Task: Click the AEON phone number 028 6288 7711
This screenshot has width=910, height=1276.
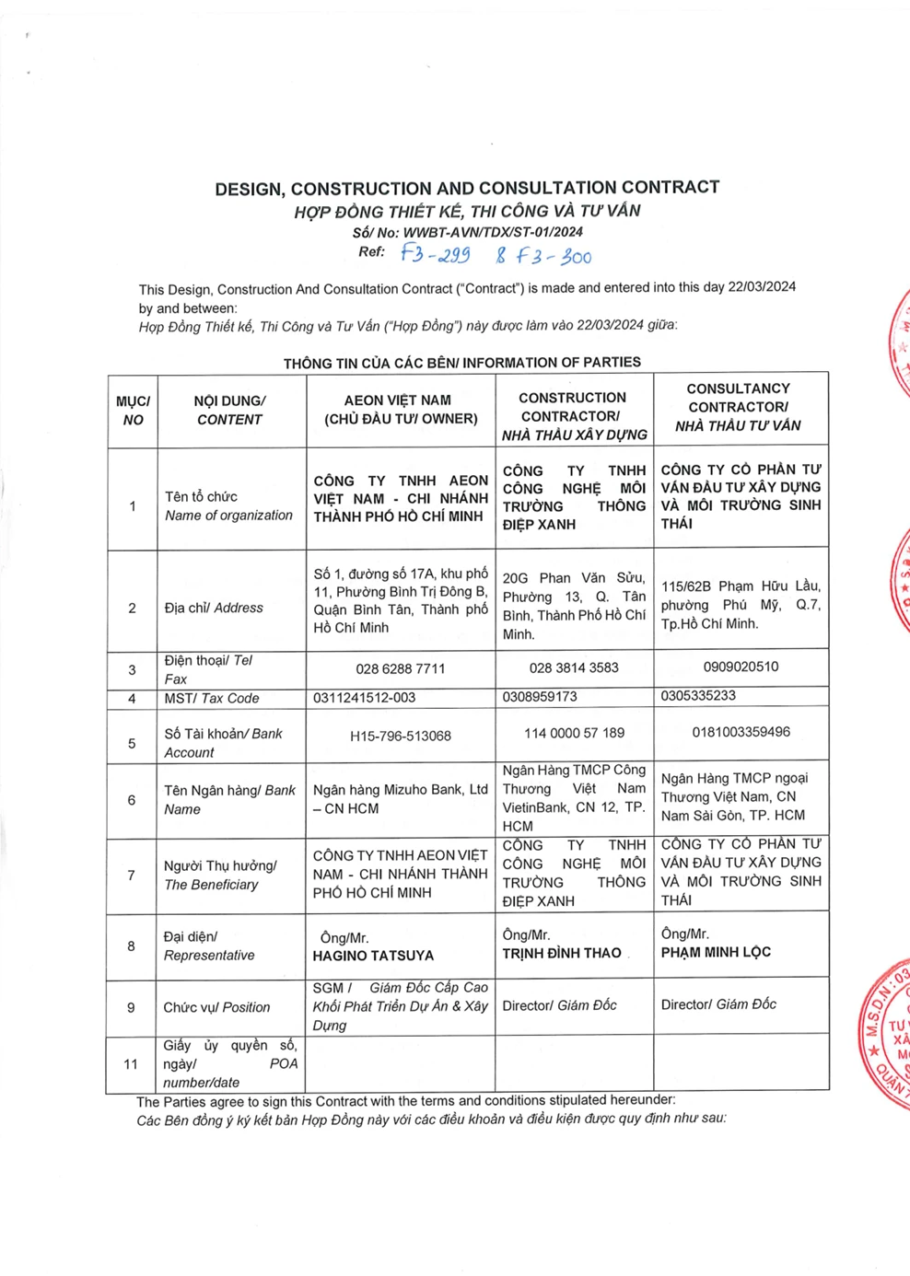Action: tap(400, 668)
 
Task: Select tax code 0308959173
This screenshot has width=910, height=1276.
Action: tap(540, 697)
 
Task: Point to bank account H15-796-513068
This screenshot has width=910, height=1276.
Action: tap(400, 736)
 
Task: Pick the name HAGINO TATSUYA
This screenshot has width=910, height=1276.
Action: tap(373, 956)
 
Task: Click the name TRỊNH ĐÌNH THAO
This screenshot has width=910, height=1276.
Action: tap(562, 953)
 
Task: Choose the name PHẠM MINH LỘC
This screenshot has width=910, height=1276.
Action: tap(716, 952)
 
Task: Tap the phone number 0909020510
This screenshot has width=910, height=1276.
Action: tap(741, 667)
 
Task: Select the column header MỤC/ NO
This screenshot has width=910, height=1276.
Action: tap(133, 411)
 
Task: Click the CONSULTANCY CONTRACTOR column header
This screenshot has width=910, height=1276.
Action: tap(739, 407)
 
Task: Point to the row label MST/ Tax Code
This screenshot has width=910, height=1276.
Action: tap(212, 699)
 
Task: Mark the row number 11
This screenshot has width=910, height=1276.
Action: tap(131, 1064)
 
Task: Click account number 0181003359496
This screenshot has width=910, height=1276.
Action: tap(741, 732)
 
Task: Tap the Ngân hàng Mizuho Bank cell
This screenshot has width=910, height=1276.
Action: tap(400, 799)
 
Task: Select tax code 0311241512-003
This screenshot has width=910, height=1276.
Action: tap(364, 698)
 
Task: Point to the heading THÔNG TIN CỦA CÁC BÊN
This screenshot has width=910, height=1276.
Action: tap(461, 363)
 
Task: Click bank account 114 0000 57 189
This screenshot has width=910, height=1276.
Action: tap(574, 733)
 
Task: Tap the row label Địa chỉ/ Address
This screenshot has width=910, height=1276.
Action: tap(214, 608)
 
